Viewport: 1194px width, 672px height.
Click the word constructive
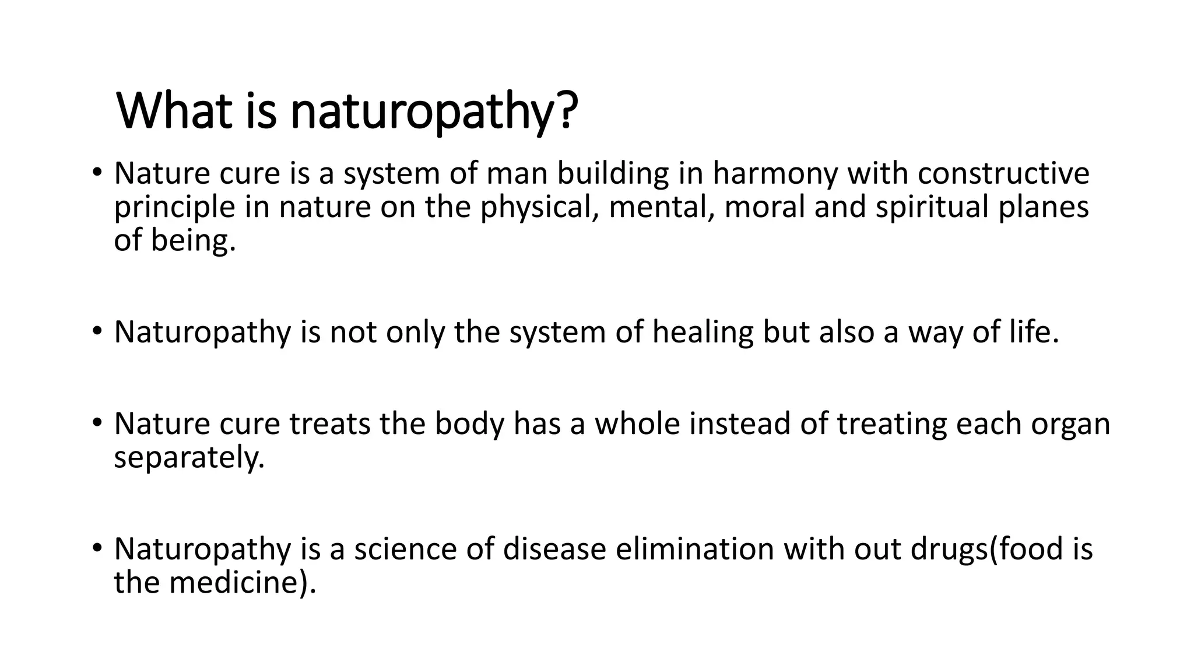(x=1003, y=174)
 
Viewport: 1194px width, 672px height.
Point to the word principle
(x=174, y=208)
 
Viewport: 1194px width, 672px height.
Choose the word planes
(x=1044, y=208)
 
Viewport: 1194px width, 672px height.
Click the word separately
(x=189, y=457)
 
